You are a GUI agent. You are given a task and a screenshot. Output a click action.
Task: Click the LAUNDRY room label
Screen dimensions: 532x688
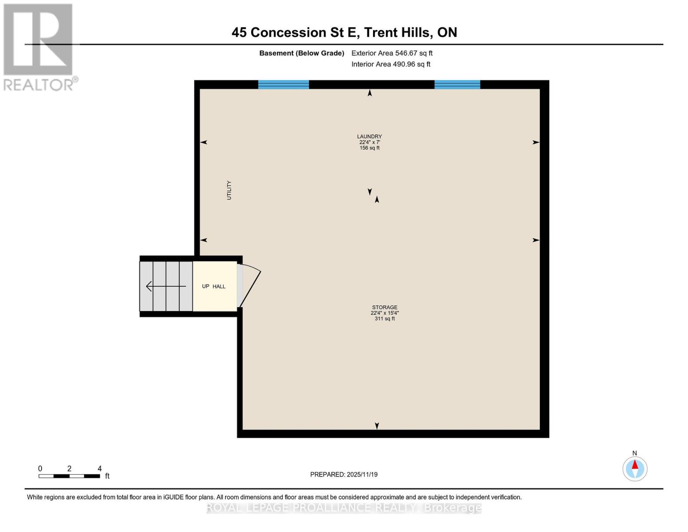pos(369,137)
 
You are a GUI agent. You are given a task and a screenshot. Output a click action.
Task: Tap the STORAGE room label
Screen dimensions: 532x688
pos(385,307)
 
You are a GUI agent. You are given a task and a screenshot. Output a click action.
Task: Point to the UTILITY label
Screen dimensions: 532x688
pos(229,190)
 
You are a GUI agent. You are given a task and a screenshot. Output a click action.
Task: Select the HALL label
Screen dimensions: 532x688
pos(219,286)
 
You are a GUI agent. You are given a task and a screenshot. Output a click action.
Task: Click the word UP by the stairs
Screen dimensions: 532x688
pos(206,286)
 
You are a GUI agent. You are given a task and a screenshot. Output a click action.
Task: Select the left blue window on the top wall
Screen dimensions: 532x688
pos(284,85)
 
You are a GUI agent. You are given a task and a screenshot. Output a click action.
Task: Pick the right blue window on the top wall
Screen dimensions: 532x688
pos(457,85)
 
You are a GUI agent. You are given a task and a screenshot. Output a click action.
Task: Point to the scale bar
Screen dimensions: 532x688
pos(69,476)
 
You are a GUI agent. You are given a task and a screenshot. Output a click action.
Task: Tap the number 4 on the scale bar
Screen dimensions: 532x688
pos(100,469)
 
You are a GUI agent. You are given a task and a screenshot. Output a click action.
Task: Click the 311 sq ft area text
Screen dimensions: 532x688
pos(385,319)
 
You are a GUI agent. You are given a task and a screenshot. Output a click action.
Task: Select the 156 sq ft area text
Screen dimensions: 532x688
pos(369,148)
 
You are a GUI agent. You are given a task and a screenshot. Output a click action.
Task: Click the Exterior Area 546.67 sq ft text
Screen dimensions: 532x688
pos(392,53)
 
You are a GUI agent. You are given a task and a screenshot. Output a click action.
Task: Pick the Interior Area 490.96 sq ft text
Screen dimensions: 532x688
pos(391,64)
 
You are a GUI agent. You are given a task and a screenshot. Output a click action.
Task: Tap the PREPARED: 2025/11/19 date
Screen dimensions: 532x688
pos(344,474)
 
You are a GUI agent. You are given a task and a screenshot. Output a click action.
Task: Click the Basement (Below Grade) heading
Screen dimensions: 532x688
pos(302,53)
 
